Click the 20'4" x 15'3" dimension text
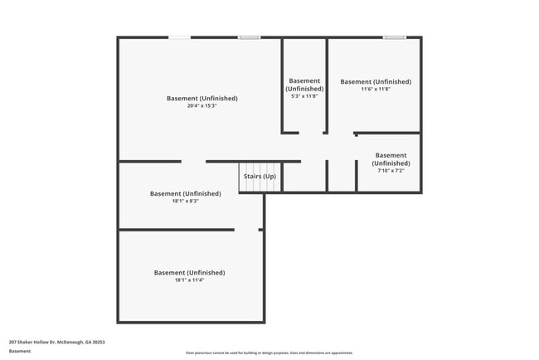click(202, 105)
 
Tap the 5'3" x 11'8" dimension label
click(304, 96)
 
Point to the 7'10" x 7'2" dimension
click(391, 170)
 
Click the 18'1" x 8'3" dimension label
click(185, 201)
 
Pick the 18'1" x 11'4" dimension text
click(189, 280)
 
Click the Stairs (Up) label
click(260, 176)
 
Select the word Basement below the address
click(20, 351)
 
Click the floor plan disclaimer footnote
click(269, 353)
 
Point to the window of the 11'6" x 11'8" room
click(394, 37)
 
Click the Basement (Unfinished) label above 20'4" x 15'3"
click(202, 98)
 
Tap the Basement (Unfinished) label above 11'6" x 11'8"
click(375, 81)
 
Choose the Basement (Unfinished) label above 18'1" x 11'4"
click(189, 272)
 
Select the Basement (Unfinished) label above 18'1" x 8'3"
click(185, 193)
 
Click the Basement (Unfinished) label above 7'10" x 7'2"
click(391, 159)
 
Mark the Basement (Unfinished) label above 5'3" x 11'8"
click(304, 85)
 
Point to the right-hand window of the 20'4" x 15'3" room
click(249, 37)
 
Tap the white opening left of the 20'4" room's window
click(179, 37)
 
